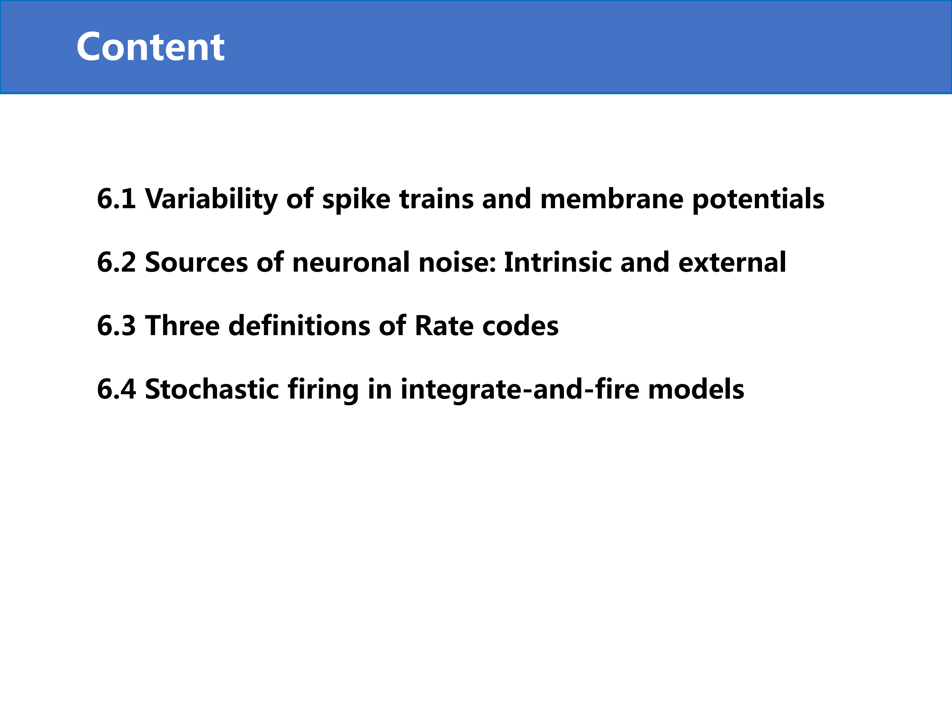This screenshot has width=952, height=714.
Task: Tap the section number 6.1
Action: click(x=117, y=199)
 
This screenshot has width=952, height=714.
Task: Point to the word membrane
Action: click(x=612, y=199)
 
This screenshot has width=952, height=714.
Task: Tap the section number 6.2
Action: click(x=117, y=262)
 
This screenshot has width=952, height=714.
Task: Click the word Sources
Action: click(x=196, y=262)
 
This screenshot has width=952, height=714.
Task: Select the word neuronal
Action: click(x=351, y=262)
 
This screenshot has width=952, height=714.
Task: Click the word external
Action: click(x=732, y=262)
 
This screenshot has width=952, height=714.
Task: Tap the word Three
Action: click(x=182, y=325)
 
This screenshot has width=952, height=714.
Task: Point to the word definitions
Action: click(x=299, y=325)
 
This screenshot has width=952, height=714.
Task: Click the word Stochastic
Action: click(x=212, y=389)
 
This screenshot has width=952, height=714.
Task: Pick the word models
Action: click(x=696, y=389)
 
